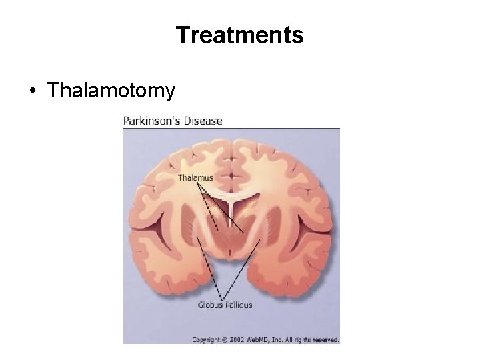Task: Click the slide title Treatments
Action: coord(239,35)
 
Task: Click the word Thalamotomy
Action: coord(111,90)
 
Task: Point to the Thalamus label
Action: coord(195,178)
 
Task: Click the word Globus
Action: coord(210,306)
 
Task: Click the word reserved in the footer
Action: coord(325,339)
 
